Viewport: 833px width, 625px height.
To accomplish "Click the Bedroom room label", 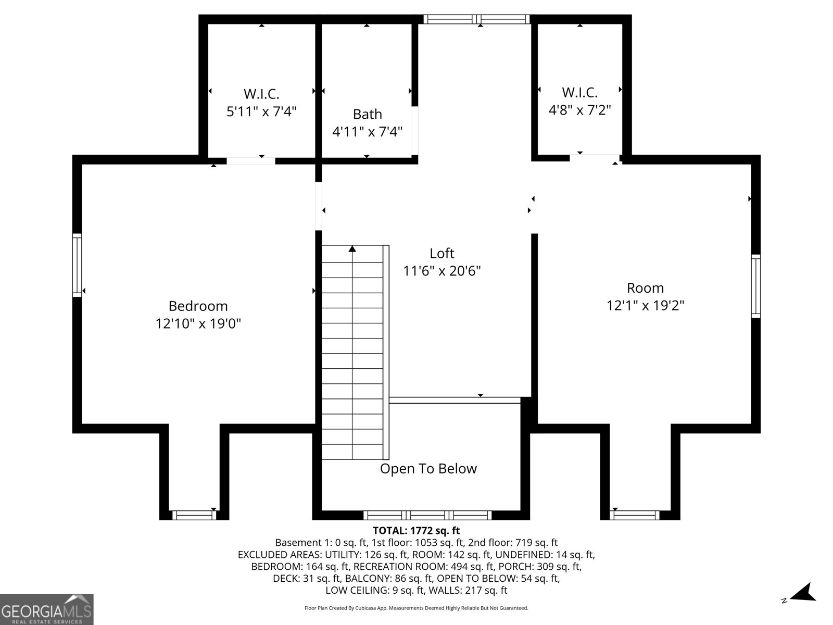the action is pyautogui.click(x=198, y=306).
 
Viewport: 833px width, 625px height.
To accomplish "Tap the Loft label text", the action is pyautogui.click(x=441, y=253).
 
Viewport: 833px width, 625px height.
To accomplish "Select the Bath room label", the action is pyautogui.click(x=368, y=114).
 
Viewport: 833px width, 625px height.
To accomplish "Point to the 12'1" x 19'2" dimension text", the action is pyautogui.click(x=645, y=306).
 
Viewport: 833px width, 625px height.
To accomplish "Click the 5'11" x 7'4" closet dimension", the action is pyautogui.click(x=261, y=111).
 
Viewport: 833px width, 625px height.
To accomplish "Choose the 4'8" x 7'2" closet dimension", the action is pyautogui.click(x=579, y=110).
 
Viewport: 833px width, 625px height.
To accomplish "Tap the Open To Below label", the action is pyautogui.click(x=428, y=469).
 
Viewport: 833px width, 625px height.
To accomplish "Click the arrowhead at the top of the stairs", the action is pyautogui.click(x=352, y=249).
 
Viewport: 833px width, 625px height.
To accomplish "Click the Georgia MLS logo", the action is pyautogui.click(x=47, y=609).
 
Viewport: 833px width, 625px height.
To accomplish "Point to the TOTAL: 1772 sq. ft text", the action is pyautogui.click(x=416, y=531).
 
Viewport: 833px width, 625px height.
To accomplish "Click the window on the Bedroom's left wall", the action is pyautogui.click(x=77, y=265).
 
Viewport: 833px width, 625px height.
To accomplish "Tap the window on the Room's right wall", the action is pyautogui.click(x=755, y=286).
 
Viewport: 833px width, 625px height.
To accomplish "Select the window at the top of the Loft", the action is pyautogui.click(x=476, y=19).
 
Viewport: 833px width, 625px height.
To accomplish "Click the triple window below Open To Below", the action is pyautogui.click(x=428, y=515).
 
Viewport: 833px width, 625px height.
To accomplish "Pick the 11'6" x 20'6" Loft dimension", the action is pyautogui.click(x=441, y=271).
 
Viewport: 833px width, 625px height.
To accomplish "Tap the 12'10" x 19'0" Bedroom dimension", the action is pyautogui.click(x=198, y=323).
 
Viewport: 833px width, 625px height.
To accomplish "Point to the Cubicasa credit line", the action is pyautogui.click(x=416, y=608).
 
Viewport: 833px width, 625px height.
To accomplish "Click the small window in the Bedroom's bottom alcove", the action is pyautogui.click(x=194, y=515).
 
